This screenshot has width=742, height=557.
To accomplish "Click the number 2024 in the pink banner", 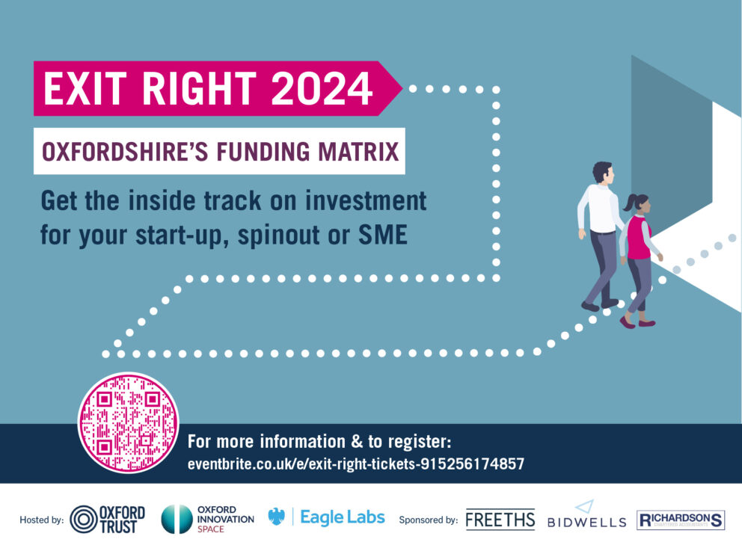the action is click(x=322, y=88).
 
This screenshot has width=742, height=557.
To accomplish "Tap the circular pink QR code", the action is click(x=128, y=422).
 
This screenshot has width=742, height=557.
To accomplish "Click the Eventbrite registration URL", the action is click(x=356, y=464).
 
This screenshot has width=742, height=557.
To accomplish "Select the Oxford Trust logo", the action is click(x=108, y=520).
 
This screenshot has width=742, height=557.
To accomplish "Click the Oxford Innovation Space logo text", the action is click(x=226, y=519).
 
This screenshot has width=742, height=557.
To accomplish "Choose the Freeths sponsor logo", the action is click(x=500, y=520).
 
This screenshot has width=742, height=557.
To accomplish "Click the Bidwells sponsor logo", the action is click(x=586, y=514).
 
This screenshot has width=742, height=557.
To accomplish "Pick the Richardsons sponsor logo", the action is click(x=681, y=520).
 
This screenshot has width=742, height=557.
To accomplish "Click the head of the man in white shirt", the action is click(x=604, y=173).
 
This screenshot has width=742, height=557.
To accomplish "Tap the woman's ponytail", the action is click(x=628, y=203).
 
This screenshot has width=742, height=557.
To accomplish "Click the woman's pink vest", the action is click(x=639, y=238).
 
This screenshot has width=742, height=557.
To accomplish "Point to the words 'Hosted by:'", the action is click(x=42, y=520).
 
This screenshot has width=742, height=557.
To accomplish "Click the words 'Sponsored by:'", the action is click(x=429, y=520).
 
